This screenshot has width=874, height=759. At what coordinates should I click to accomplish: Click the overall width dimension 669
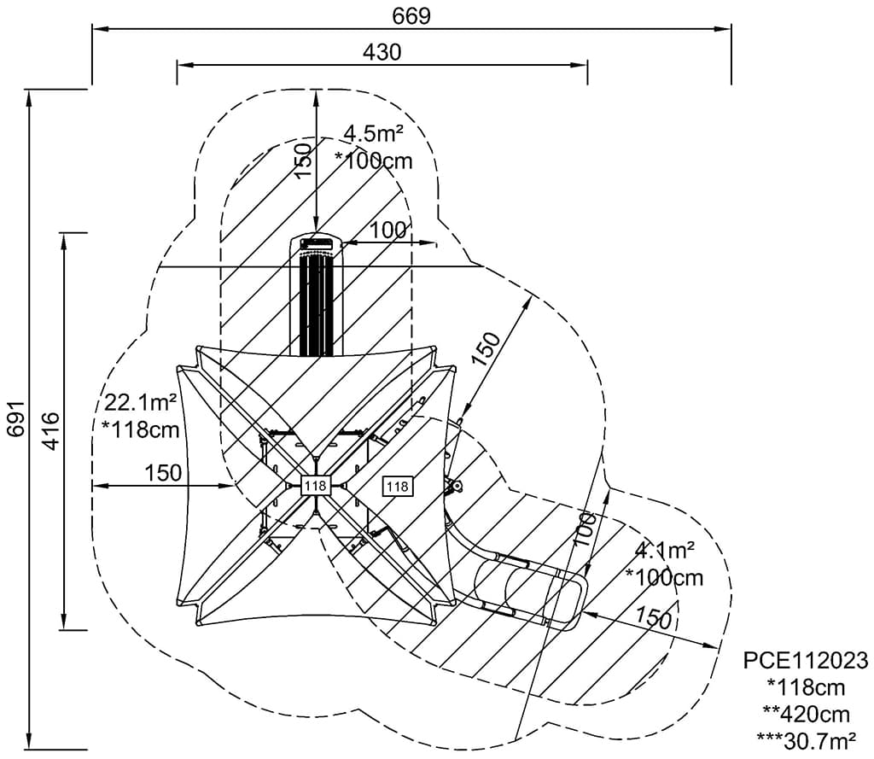pos(411,15)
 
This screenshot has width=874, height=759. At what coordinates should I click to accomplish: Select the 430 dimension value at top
pos(382,52)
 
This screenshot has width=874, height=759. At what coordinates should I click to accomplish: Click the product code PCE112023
pos(806,661)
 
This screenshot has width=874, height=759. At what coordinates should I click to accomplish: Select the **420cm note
pos(806,713)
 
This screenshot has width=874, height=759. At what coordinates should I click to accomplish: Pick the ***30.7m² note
pos(806,739)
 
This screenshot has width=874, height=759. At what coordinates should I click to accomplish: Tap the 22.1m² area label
pos(141,402)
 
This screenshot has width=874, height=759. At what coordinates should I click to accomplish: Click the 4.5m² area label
pos(373,133)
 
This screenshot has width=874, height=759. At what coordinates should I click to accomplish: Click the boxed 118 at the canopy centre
pos(315,486)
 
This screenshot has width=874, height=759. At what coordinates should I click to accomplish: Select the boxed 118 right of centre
pos(398,486)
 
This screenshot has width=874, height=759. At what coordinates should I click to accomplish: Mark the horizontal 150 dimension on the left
pos(163,472)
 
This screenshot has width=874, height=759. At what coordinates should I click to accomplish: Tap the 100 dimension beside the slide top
pos(388,230)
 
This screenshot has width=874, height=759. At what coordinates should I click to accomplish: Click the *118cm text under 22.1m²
pos(141,429)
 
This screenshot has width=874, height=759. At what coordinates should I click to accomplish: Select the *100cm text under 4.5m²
pos(373,160)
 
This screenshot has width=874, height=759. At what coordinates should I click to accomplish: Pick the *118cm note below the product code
pos(806,687)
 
